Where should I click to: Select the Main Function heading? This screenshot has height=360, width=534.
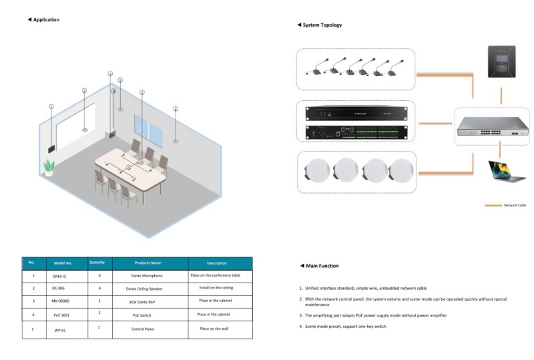point(321,266)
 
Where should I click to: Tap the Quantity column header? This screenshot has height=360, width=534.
point(97,262)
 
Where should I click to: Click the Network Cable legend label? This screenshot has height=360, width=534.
point(514,206)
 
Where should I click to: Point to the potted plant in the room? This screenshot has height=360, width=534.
point(49,167)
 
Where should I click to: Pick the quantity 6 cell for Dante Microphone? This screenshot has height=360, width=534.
point(99,275)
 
